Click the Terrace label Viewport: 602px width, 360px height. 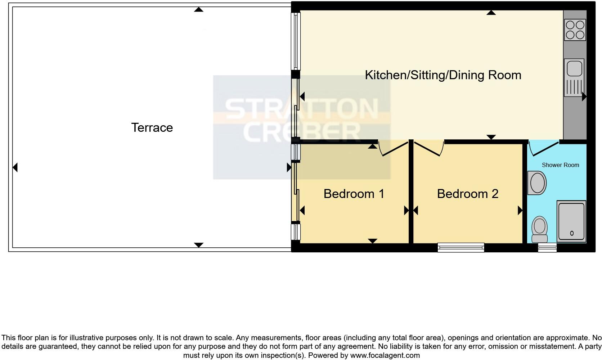[x=152, y=127]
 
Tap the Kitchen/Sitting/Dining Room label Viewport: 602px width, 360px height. [x=443, y=75]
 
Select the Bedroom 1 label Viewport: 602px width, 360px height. [x=354, y=194]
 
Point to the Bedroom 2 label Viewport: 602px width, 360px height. [x=467, y=194]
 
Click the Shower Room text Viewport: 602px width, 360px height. [x=560, y=165]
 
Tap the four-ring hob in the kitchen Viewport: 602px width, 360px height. [x=575, y=30]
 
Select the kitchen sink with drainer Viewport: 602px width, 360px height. [x=575, y=78]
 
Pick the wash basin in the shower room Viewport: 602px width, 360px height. [x=537, y=183]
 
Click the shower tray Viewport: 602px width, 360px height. [x=571, y=221]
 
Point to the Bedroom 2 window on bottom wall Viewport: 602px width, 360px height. [x=461, y=247]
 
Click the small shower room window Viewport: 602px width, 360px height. [x=547, y=247]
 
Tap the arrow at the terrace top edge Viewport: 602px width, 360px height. [x=198, y=9]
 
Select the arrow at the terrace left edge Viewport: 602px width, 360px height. [x=15, y=167]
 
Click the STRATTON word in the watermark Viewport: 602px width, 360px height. [x=302, y=108]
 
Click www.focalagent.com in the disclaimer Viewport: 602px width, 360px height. [x=385, y=355]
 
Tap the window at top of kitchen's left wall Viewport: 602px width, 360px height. [x=296, y=41]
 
